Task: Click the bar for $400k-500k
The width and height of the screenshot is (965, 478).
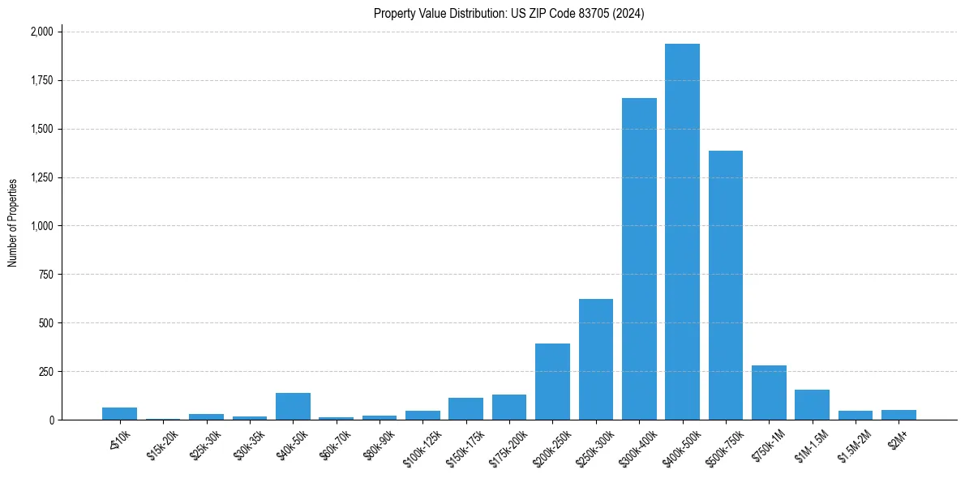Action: pos(682,232)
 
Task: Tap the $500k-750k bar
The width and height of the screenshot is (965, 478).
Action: pos(726,285)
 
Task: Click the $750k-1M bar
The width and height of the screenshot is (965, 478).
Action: pos(769,393)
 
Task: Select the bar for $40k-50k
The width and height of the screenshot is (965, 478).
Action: pos(293,407)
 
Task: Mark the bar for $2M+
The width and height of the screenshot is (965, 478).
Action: pos(899,415)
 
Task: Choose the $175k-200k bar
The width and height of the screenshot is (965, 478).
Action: pos(509,408)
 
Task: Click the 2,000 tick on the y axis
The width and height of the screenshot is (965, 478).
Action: pos(41,32)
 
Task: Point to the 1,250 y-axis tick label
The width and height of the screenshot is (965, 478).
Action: pos(41,177)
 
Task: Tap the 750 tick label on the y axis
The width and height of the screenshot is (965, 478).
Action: pos(46,275)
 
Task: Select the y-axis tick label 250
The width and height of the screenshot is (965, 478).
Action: pos(46,372)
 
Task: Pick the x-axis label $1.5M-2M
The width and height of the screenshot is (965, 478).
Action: pos(852,445)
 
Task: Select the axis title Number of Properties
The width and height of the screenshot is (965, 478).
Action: pos(12,223)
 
